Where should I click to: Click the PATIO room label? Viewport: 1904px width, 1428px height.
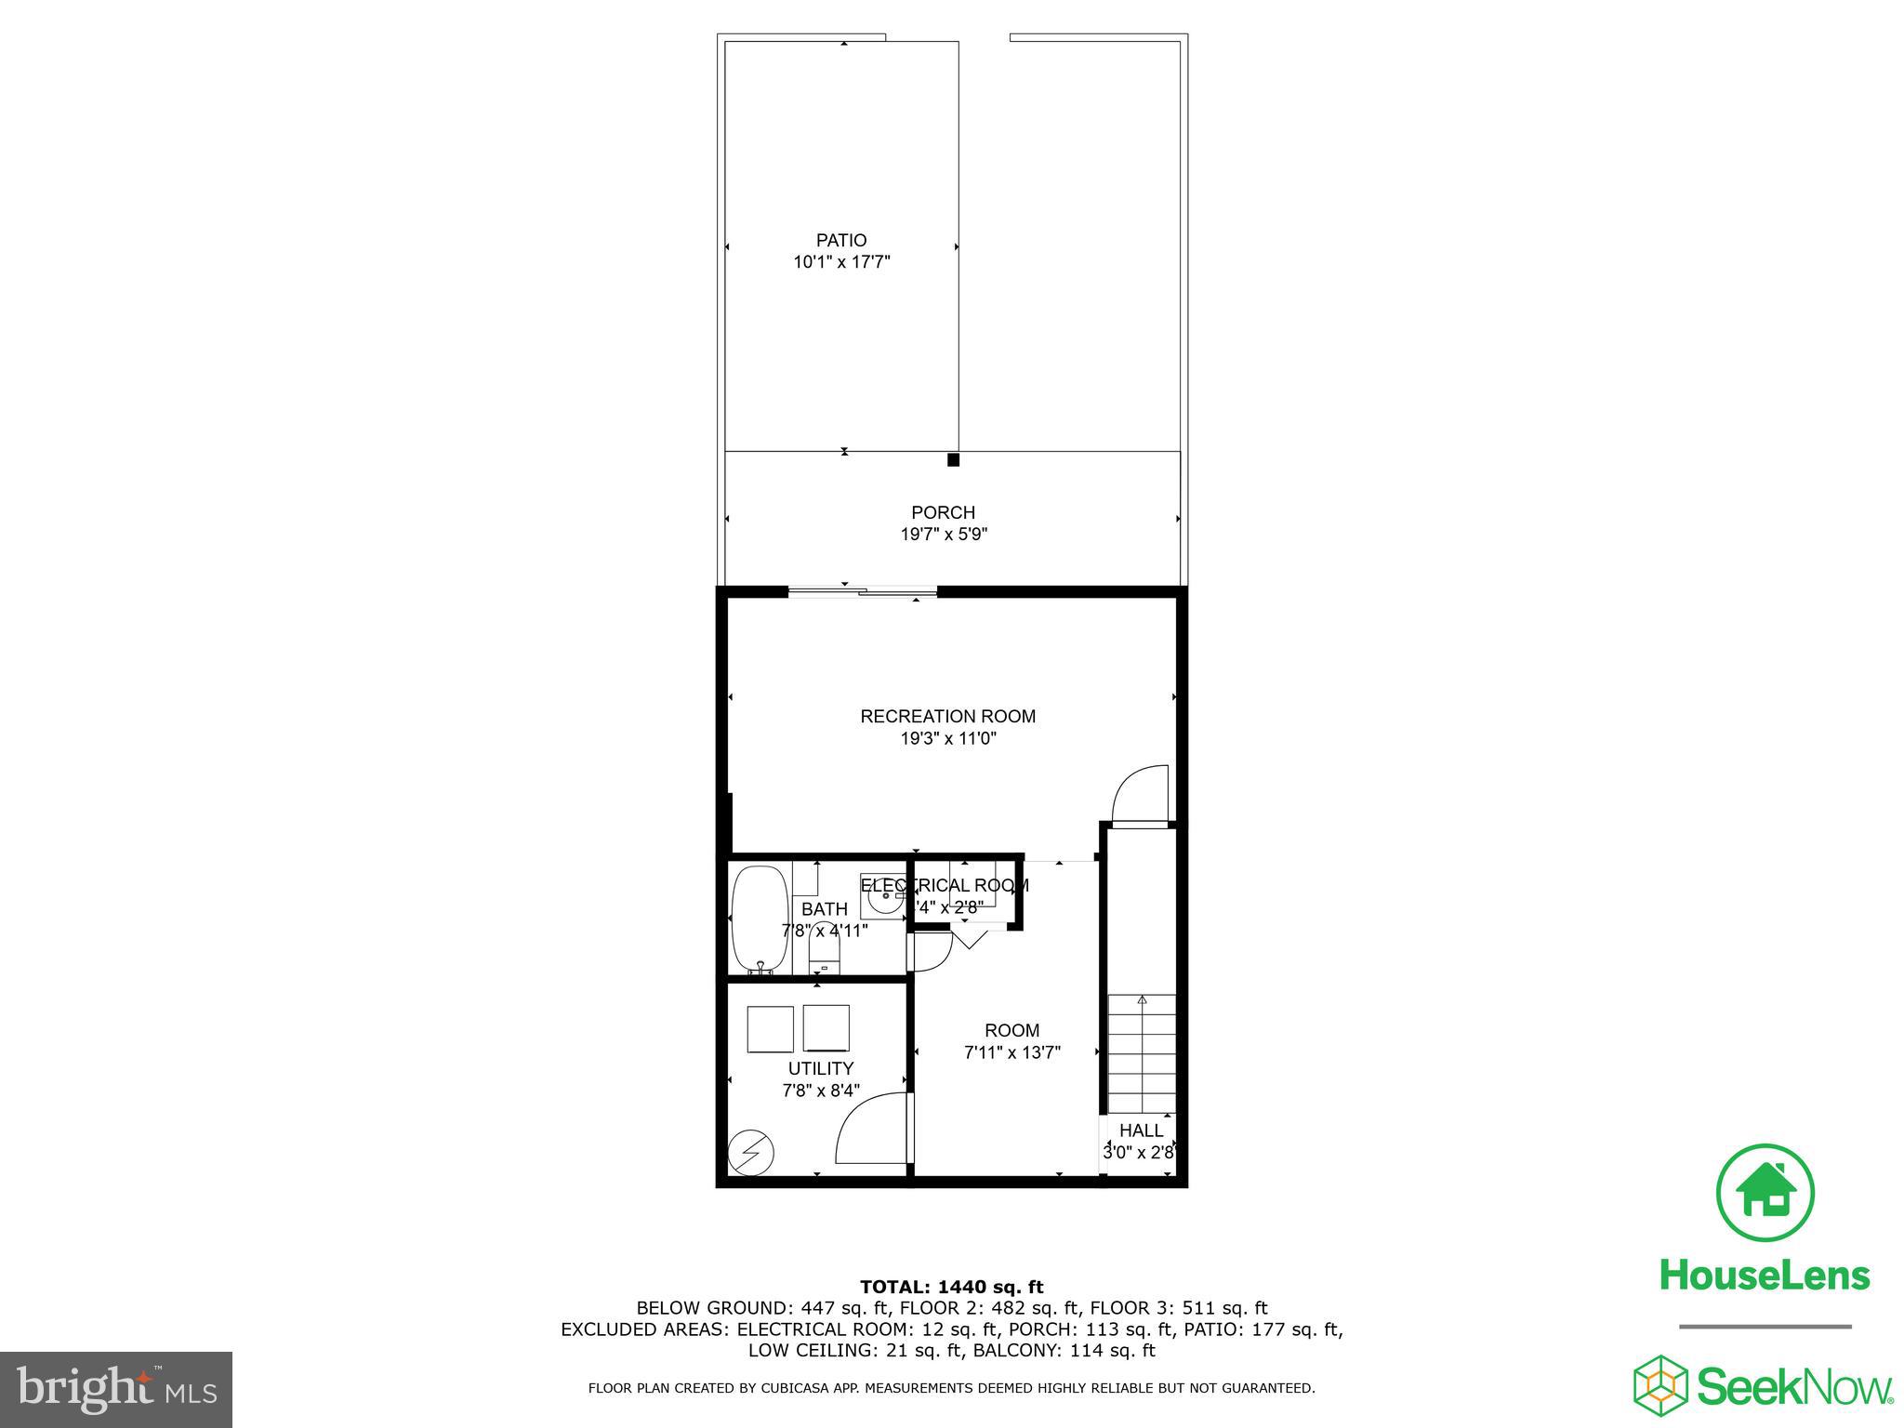point(841,241)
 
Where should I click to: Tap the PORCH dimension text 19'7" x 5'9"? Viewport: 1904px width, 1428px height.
point(943,535)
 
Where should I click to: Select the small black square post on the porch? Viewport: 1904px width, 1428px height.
point(953,459)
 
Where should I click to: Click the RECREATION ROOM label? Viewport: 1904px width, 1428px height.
point(947,716)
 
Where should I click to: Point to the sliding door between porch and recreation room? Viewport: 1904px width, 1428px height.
point(862,590)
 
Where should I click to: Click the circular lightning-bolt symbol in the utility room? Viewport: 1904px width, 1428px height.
point(751,1153)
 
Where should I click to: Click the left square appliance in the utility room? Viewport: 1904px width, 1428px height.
point(770,1028)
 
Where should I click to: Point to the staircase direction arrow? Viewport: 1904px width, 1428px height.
point(1142,1001)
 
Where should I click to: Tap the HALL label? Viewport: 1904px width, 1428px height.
point(1141,1130)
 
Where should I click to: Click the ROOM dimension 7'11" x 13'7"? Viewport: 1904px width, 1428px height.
point(1011,1052)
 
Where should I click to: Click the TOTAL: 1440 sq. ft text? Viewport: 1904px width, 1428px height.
point(951,1287)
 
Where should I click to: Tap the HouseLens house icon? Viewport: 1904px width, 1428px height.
point(1765,1194)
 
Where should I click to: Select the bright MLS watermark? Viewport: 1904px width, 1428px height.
point(116,1389)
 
